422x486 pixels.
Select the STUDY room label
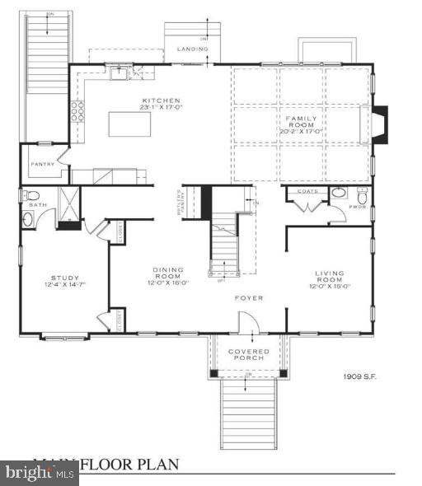tap(64, 278)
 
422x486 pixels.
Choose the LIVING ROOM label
tap(329, 277)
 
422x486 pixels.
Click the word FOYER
tap(248, 297)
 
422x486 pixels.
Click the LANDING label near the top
tap(193, 49)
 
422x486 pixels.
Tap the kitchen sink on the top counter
tap(120, 73)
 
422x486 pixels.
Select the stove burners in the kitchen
tap(77, 111)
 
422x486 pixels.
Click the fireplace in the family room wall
tap(379, 124)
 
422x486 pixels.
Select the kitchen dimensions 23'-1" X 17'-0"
tap(156, 108)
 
